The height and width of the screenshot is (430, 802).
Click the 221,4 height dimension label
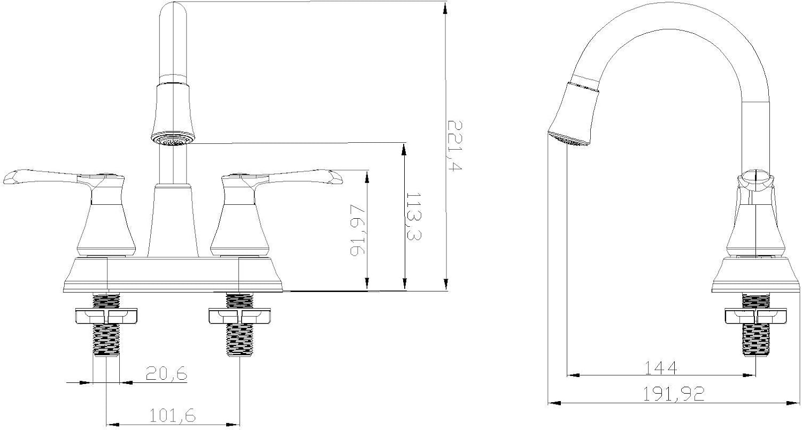pos(454,145)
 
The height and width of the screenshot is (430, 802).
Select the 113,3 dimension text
pos(414,217)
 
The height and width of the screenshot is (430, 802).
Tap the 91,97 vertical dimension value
pos(357,230)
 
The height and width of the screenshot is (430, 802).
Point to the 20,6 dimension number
pos(166,373)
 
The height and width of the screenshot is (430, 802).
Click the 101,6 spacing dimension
pos(172,416)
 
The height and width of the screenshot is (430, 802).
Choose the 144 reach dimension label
pos(660,368)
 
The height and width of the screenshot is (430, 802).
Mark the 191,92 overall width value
pos(674,394)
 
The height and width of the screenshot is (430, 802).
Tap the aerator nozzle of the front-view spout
pos(173,139)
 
